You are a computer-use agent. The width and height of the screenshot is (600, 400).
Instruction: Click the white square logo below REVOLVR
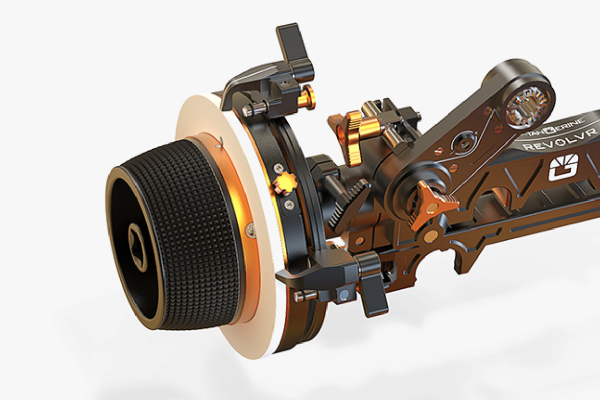[563, 167]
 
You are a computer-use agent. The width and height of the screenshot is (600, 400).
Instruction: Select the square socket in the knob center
[136, 247]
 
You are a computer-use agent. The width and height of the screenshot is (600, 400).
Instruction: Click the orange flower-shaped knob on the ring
[283, 183]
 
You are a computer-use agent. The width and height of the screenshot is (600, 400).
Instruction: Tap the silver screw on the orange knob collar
[251, 230]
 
